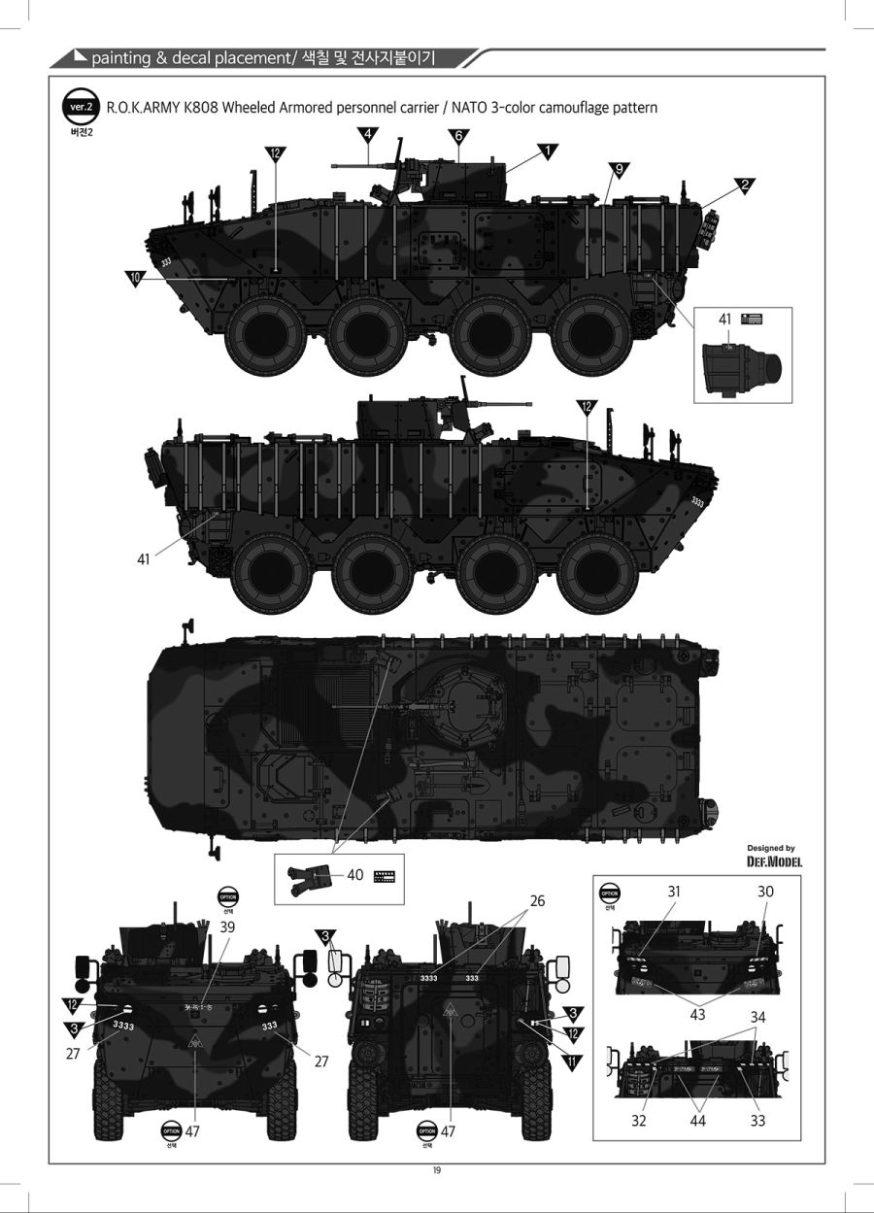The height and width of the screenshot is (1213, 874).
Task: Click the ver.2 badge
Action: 78,107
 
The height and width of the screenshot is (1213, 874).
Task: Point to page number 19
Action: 437,1169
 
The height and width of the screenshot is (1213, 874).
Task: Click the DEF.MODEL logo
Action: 774,860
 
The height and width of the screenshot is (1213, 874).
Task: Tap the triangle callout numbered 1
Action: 548,152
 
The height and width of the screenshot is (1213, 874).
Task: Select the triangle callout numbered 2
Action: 746,185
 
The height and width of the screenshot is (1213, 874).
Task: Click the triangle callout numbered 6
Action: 457,135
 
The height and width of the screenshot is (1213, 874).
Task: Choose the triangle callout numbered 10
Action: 136,278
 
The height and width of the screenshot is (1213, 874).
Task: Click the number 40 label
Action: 355,875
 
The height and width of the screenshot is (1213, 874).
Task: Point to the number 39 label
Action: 227,927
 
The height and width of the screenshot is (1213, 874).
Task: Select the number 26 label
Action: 537,900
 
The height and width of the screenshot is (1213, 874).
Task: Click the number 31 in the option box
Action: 675,892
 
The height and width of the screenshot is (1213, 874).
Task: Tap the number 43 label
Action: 697,1014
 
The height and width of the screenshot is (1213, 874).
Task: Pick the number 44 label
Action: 697,1121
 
